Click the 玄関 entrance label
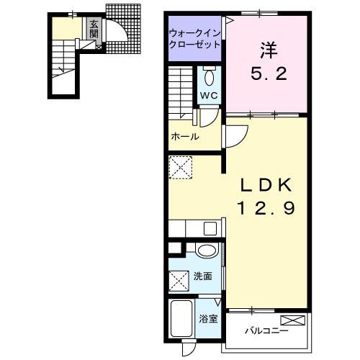pyautogui.click(x=94, y=29)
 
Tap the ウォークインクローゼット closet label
pyautogui.click(x=194, y=39)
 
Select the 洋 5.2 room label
pyautogui.click(x=269, y=61)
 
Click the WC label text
pyautogui.click(x=209, y=96)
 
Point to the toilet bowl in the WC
pyautogui.click(x=210, y=76)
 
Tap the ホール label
pyautogui.click(x=185, y=137)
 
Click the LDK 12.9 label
pyautogui.click(x=266, y=197)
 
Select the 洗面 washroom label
pyautogui.click(x=203, y=276)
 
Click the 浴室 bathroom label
pyautogui.click(x=208, y=319)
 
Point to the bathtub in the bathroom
pyautogui.click(x=181, y=318)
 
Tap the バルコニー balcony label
pyautogui.click(x=266, y=331)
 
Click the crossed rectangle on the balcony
pyautogui.click(x=293, y=320)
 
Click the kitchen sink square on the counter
pyautogui.click(x=210, y=229)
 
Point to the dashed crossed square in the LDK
pyautogui.click(x=181, y=168)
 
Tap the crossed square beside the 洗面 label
pyautogui.click(x=179, y=281)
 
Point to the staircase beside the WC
pyautogui.click(x=181, y=92)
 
